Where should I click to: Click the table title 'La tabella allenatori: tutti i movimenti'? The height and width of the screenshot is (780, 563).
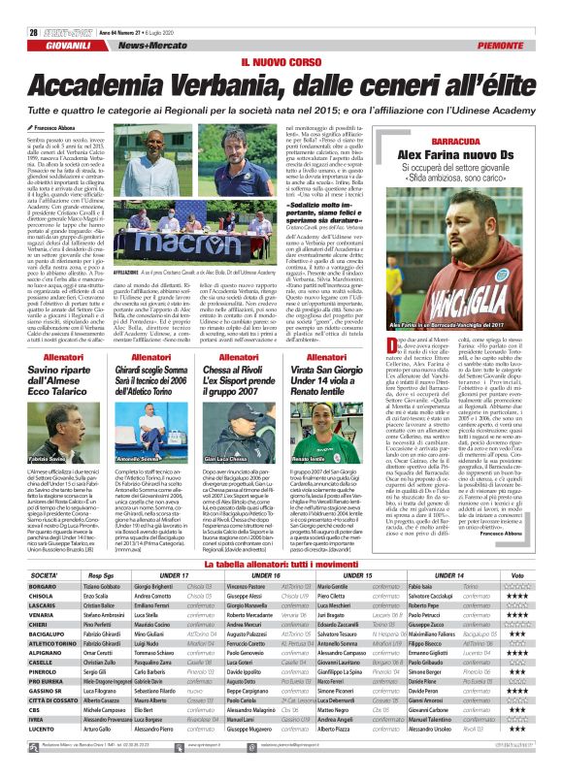pyautogui.click(x=281, y=563)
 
